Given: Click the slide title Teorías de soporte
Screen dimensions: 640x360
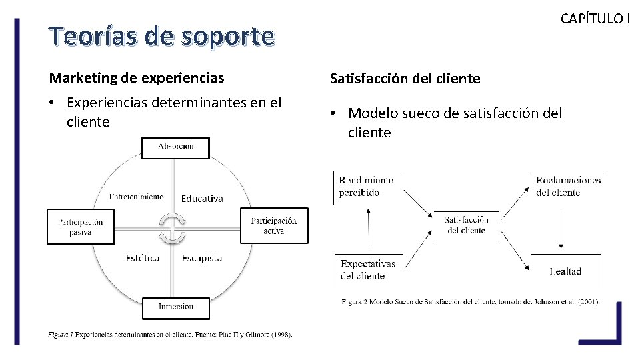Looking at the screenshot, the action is click(x=162, y=37).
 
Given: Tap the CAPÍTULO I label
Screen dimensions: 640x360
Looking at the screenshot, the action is click(x=594, y=18).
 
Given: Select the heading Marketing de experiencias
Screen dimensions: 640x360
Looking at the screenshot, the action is click(x=137, y=78).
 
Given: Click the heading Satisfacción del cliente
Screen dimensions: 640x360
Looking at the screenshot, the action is click(x=405, y=79).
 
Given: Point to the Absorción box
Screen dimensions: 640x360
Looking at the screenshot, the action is click(x=175, y=147).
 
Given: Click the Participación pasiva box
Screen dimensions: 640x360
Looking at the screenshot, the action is click(x=81, y=227).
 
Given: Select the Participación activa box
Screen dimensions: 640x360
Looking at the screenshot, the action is click(x=273, y=226).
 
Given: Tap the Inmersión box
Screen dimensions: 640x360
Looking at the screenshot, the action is click(x=175, y=307).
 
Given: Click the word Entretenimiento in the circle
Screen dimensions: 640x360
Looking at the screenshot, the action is click(x=137, y=197).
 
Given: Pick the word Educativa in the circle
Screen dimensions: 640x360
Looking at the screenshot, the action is click(x=202, y=198).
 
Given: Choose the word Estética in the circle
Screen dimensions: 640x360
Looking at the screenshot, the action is click(x=143, y=258).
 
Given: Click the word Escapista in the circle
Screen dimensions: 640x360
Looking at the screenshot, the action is click(x=202, y=258).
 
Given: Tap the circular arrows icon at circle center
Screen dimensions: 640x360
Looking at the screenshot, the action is click(x=173, y=228).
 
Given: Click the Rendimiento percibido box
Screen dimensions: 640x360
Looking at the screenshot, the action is click(x=367, y=187).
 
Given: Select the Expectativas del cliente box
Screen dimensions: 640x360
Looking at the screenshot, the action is click(x=368, y=269).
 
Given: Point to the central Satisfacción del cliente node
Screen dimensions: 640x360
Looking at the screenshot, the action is click(x=466, y=225).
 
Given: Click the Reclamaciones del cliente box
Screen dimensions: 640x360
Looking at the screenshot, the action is click(x=568, y=187).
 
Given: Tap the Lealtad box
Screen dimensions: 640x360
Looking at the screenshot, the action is click(x=565, y=271).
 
